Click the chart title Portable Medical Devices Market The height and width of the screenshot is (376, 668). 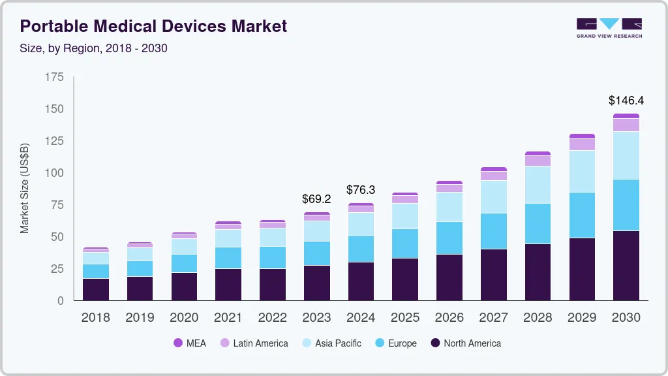[153, 26]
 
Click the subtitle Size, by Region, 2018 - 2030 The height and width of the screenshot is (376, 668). [94, 48]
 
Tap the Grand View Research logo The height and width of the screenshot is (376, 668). [609, 27]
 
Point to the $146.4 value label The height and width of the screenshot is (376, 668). [626, 101]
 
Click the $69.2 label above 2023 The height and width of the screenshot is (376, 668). [316, 198]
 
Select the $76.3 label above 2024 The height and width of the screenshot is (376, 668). [361, 190]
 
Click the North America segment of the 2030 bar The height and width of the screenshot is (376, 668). [626, 265]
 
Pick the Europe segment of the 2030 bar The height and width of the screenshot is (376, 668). [626, 205]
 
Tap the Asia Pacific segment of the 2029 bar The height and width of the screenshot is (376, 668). [581, 171]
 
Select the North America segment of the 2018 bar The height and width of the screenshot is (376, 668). [96, 289]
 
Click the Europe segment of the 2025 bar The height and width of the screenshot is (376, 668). [405, 243]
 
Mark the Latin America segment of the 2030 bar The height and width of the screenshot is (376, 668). [626, 125]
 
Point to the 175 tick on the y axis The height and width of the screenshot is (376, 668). [55, 77]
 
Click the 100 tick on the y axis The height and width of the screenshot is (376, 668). [55, 173]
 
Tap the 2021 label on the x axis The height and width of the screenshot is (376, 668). [228, 318]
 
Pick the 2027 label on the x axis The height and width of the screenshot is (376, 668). [493, 318]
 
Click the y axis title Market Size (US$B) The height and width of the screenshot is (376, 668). [25, 189]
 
